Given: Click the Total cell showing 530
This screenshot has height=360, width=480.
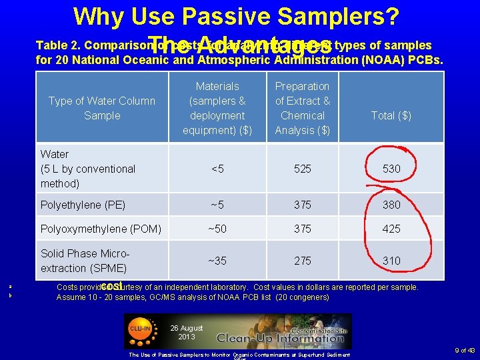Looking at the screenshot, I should (x=391, y=169).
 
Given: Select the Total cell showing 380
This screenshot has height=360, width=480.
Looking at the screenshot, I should (x=391, y=205).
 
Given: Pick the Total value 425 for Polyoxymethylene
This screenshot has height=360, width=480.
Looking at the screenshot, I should (x=391, y=229).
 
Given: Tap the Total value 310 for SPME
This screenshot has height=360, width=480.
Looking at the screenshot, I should (x=391, y=261).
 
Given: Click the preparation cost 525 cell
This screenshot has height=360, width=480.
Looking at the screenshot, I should (x=303, y=169).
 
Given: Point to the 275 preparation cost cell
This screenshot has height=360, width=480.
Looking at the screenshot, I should (x=303, y=261).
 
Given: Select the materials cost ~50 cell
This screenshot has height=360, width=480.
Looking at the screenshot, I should (x=217, y=229).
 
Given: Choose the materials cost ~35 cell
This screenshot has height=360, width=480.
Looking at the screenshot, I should (x=217, y=261).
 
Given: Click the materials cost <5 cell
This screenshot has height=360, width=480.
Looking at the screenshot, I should (x=217, y=169).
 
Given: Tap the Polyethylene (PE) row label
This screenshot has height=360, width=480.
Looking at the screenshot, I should (x=83, y=205).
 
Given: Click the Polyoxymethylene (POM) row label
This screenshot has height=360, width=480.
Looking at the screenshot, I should (x=101, y=229).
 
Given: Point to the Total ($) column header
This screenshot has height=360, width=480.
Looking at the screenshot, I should (x=391, y=115).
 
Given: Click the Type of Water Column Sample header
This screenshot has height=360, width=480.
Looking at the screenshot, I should (x=102, y=108).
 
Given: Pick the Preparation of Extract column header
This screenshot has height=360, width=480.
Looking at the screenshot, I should (x=303, y=108).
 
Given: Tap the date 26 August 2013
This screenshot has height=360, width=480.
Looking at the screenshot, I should (x=182, y=332).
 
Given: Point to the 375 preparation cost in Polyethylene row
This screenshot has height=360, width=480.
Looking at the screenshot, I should (x=303, y=205).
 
